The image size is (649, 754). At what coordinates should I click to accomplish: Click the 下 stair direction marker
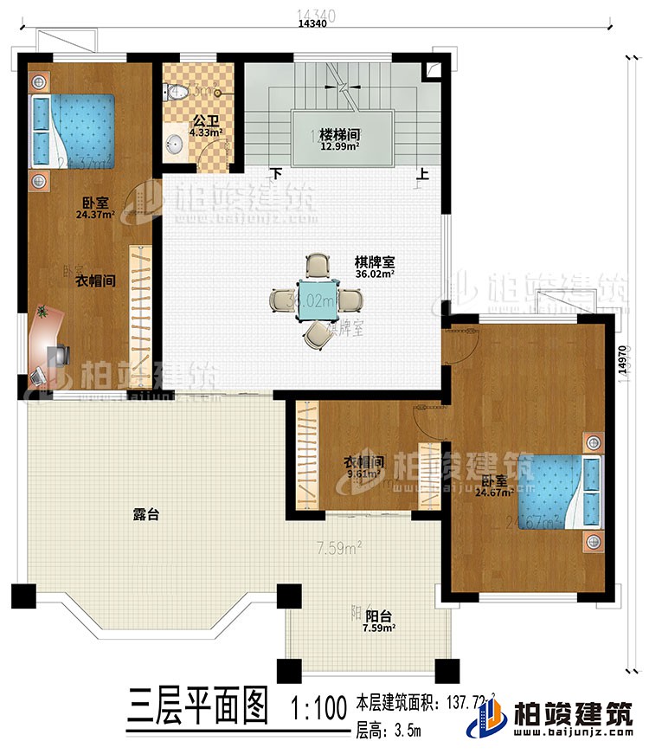click(276, 173)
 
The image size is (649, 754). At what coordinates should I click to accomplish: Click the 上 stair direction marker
click(421, 173)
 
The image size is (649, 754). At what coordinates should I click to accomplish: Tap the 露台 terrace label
click(146, 514)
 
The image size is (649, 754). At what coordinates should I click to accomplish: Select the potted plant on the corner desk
click(43, 311)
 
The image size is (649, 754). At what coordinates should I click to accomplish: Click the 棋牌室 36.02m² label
click(374, 265)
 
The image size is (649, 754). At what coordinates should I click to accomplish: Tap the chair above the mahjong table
click(318, 265)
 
